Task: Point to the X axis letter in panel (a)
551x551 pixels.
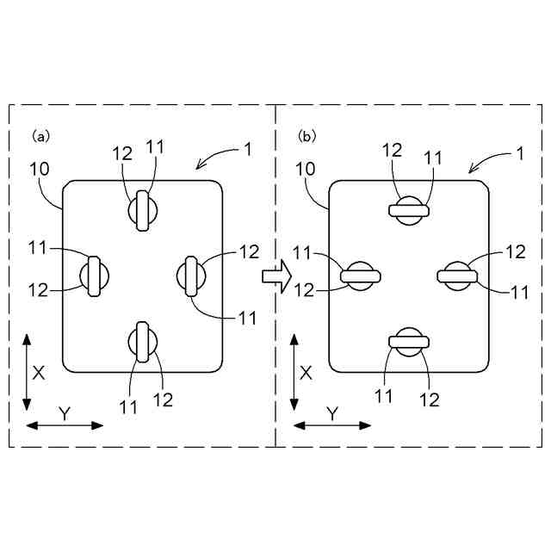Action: [38, 372]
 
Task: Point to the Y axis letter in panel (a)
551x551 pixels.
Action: [64, 413]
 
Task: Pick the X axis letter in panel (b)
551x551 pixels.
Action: [306, 372]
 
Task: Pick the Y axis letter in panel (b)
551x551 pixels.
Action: [332, 413]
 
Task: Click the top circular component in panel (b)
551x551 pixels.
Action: [409, 209]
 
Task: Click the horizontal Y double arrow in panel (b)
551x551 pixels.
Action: [332, 425]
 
